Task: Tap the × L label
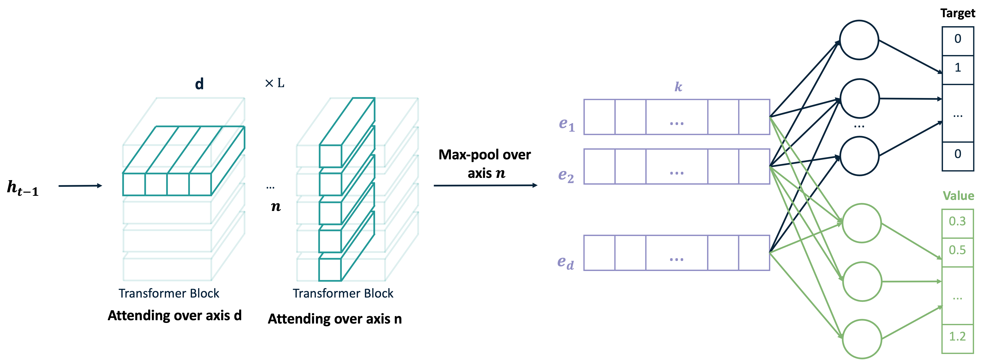click(275, 83)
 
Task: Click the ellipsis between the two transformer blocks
click(270, 187)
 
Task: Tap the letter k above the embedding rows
click(678, 87)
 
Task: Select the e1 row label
click(567, 124)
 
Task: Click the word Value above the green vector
click(958, 196)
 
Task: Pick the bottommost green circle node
click(862, 339)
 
